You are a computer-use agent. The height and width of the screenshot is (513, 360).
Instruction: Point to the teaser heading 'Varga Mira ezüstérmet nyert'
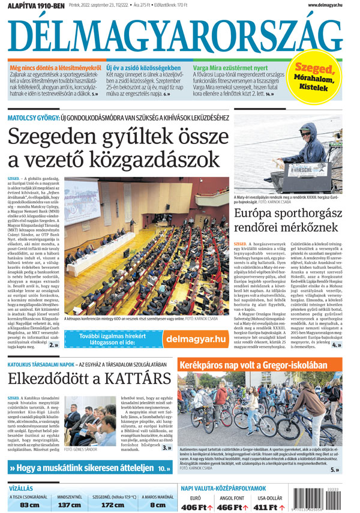(x=230, y=68)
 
